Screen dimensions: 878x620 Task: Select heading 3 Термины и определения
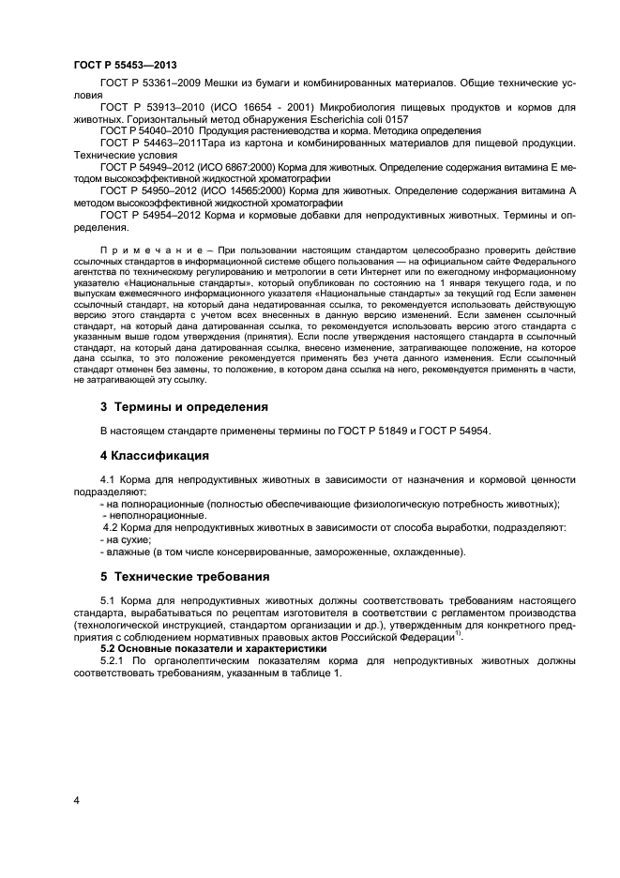click(184, 407)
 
